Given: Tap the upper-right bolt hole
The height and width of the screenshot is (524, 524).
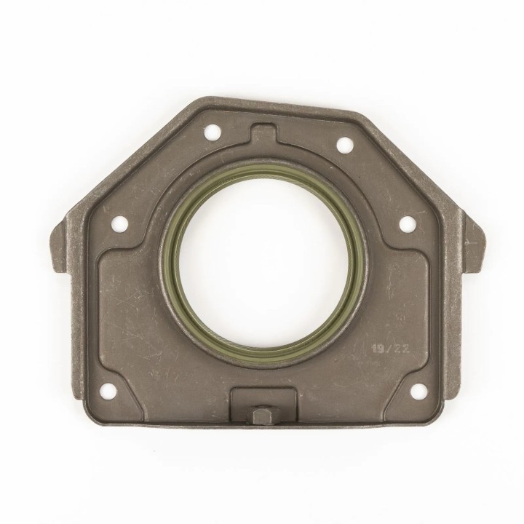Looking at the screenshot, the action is pos(344,144).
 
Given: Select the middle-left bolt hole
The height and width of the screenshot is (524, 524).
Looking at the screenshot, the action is pos(119,222).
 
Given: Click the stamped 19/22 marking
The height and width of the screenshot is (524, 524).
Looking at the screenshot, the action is pos(391,350).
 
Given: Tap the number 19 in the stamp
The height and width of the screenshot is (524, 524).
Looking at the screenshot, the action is pos(379,350).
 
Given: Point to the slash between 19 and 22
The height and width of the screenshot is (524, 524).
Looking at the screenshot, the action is pos(390,350).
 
